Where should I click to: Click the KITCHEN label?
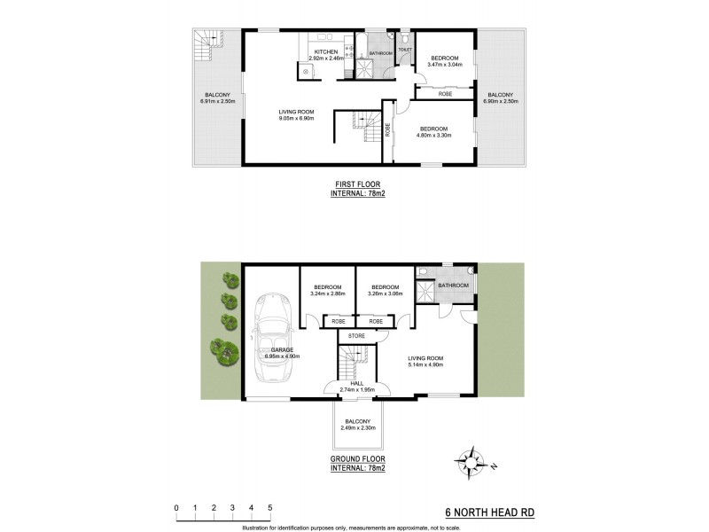coord(323,52)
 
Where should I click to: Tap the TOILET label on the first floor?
coord(404,50)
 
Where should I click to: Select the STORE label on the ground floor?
coord(357,336)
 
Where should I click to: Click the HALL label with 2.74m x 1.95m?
coord(356,389)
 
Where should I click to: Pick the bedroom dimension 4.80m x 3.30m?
coord(436,136)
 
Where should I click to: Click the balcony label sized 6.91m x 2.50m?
coord(217,102)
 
